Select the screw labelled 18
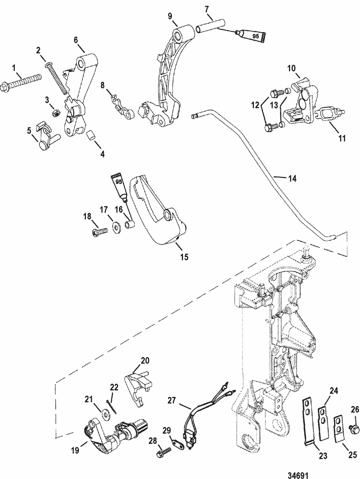coord(100,232)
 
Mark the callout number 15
coord(184,256)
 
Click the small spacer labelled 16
coord(129,224)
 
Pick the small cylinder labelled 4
coord(92,136)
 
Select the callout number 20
coord(145,360)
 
